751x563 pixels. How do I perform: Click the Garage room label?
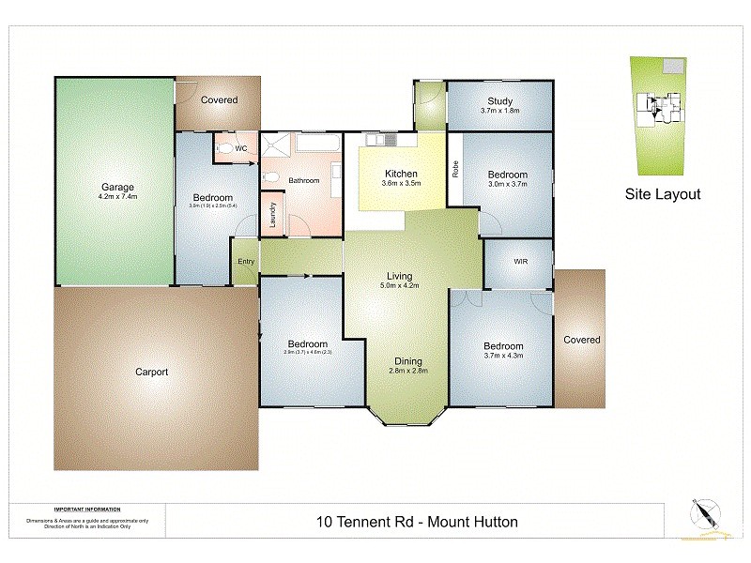[x=118, y=187]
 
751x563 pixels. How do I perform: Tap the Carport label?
[x=151, y=372]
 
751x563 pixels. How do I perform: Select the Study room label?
[x=499, y=101]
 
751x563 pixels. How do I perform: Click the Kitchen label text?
[x=401, y=174]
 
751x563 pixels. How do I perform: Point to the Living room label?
[x=401, y=276]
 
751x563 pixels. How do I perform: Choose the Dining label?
[x=408, y=361]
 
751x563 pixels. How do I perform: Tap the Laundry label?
[x=272, y=216]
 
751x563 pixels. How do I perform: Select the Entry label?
[x=245, y=261]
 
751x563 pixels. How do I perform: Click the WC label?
[x=240, y=148]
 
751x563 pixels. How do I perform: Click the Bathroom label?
[x=304, y=180]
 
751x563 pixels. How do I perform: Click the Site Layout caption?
[x=663, y=195]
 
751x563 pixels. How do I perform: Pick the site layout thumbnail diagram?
[x=660, y=114]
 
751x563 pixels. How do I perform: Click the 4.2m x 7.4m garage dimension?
[x=118, y=197]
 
